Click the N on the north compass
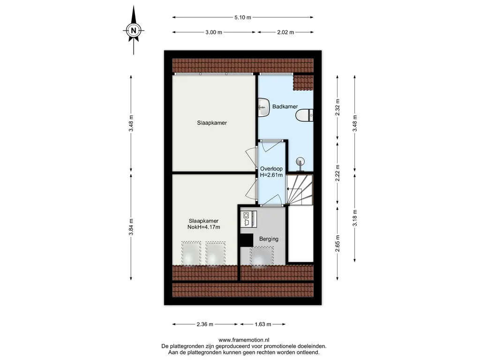134,30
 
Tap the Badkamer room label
285,106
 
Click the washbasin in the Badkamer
263,107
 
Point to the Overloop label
271,169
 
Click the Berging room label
269,239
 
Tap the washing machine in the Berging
248,219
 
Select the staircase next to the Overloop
300,190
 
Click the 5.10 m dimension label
243,17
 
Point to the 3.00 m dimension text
214,32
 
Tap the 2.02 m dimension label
285,32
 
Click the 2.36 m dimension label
205,324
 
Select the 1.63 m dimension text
263,324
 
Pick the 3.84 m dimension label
131,227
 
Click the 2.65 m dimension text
337,243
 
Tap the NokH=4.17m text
203,227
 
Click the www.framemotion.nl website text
244,340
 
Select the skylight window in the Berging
262,256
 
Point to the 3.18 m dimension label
355,218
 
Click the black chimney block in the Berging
247,240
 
